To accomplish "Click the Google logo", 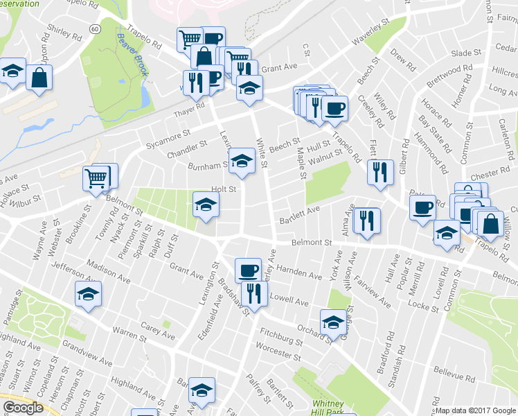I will pyautogui.click(x=23, y=408).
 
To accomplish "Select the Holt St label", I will pyautogui.click(x=224, y=189).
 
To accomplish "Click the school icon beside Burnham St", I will pyautogui.click(x=241, y=161).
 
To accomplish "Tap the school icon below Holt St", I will pyautogui.click(x=205, y=204).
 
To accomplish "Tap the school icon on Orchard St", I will pyautogui.click(x=333, y=322).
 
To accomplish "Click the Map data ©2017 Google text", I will pyautogui.click(x=475, y=410).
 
